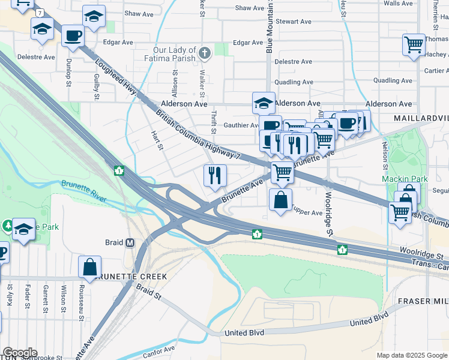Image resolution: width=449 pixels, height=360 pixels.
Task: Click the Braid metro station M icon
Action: click(x=129, y=243)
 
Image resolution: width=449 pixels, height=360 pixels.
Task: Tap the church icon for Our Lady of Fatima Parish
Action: click(x=205, y=54)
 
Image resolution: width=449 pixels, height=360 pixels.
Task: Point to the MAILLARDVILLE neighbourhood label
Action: click(x=421, y=118)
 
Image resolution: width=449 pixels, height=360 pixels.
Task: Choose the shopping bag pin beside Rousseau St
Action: click(x=89, y=267)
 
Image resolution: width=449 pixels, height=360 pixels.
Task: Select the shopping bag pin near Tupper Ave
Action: click(x=280, y=200)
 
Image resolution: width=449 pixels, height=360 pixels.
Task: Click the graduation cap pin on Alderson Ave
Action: click(x=264, y=103)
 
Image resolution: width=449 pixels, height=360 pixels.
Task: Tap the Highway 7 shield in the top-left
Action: click(x=40, y=12)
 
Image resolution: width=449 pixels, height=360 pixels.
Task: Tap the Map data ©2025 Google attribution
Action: click(x=411, y=355)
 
